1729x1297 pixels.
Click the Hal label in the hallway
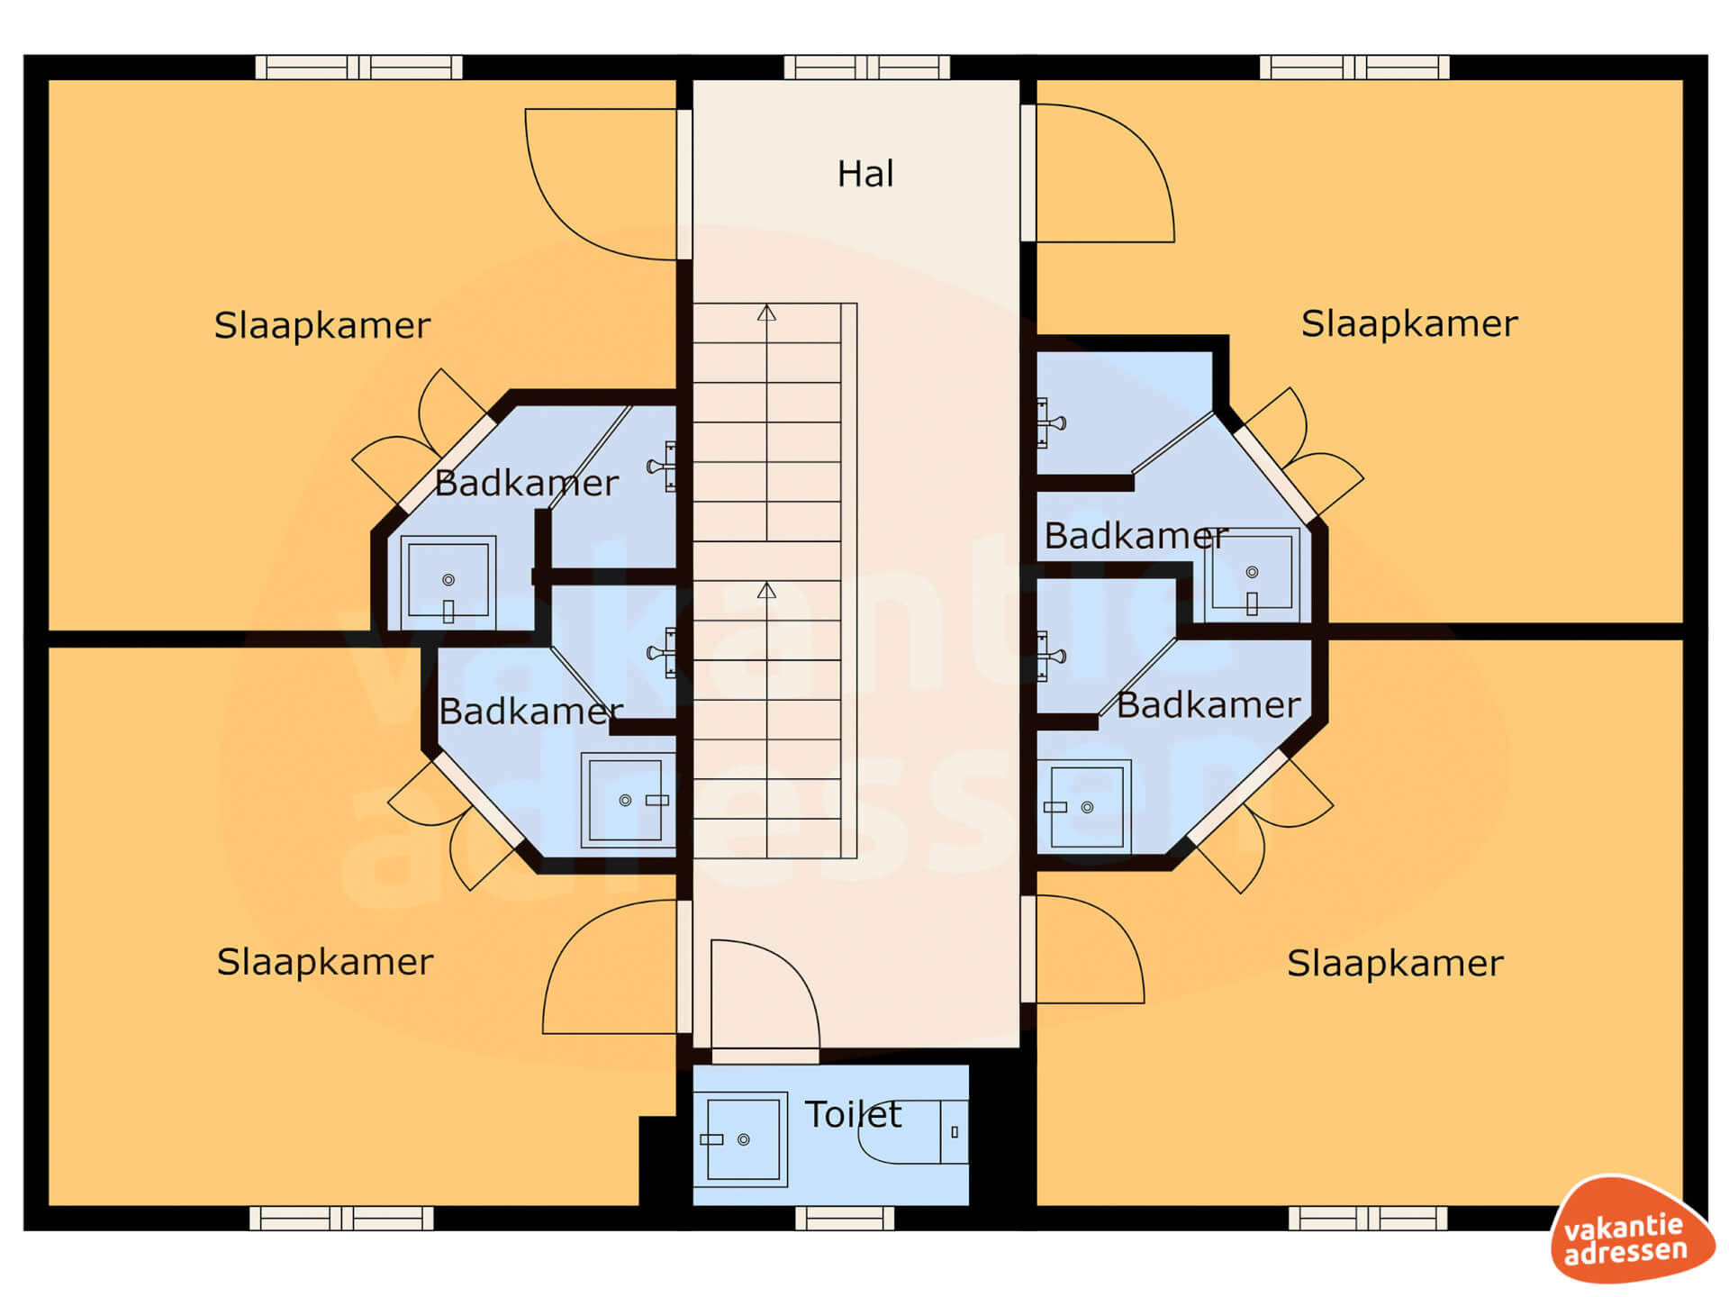(x=865, y=174)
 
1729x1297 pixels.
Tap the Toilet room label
(x=853, y=1114)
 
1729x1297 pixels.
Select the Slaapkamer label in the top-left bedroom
(x=322, y=325)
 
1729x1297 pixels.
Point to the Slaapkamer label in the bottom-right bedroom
(x=1395, y=963)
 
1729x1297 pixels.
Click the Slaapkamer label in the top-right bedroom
(x=1409, y=323)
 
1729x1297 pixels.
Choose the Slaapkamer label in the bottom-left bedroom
(x=325, y=962)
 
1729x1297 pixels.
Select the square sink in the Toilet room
(x=740, y=1139)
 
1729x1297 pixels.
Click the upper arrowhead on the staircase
(x=766, y=313)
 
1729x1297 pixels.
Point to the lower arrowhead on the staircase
(x=766, y=590)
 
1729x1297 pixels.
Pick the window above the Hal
(x=866, y=68)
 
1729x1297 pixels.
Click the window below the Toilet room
(x=845, y=1219)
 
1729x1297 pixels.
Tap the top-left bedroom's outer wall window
(x=359, y=68)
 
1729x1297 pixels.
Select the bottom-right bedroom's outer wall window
(x=1368, y=1219)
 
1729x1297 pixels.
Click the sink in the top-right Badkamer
(x=1252, y=575)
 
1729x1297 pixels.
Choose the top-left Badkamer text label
(x=526, y=484)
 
